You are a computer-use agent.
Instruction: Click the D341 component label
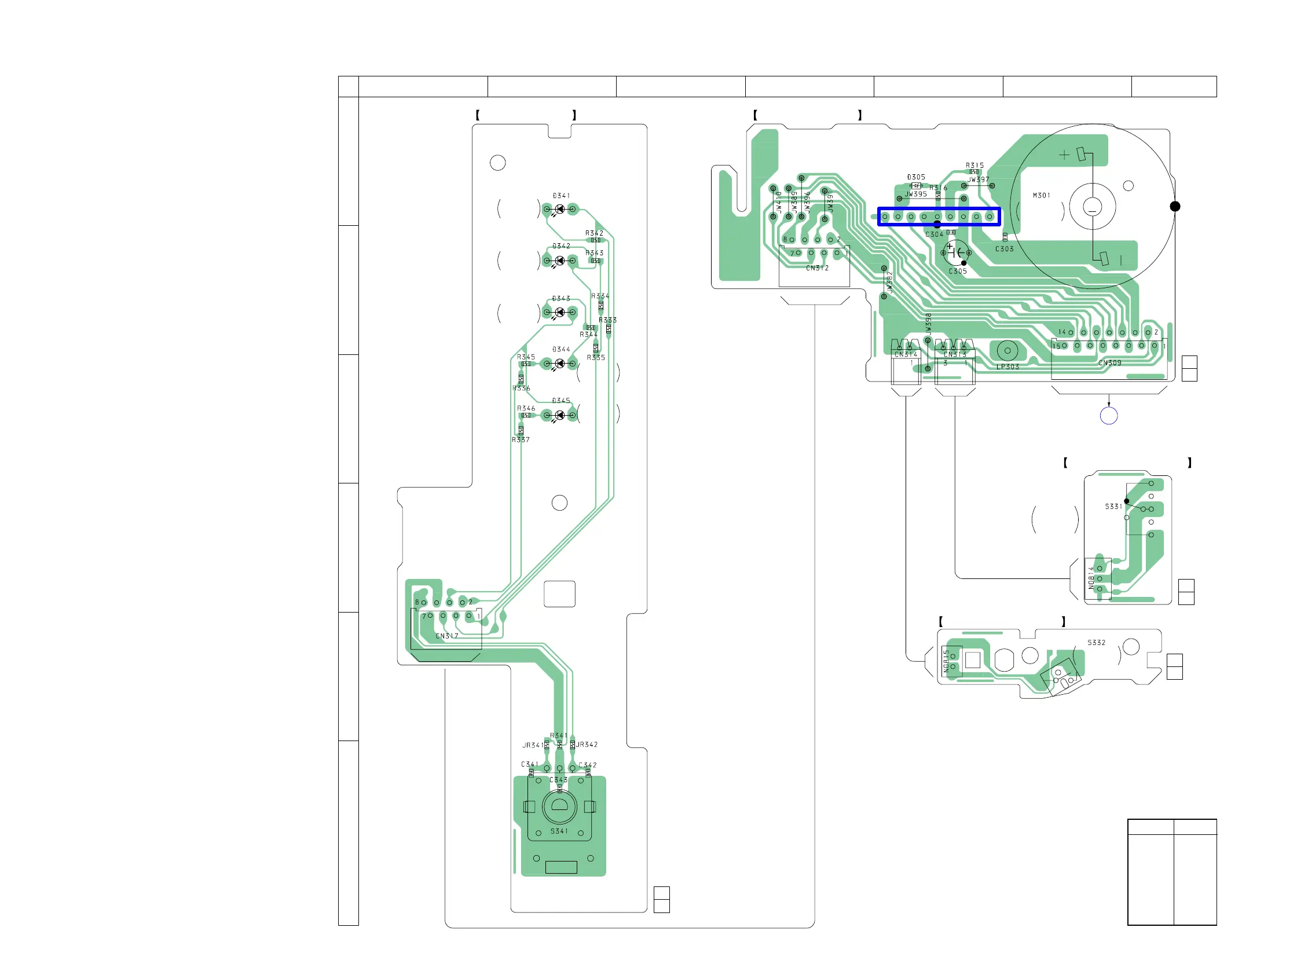561,196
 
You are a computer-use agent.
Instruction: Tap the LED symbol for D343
560,313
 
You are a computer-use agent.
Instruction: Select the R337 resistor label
521,439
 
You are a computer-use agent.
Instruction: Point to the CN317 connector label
447,636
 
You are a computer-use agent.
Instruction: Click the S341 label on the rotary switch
559,831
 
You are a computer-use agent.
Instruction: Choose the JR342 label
587,745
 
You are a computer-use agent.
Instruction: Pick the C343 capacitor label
558,780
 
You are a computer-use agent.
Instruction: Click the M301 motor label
1041,196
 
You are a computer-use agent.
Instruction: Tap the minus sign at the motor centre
1093,207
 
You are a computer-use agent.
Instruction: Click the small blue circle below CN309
1109,416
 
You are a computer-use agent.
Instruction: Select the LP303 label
1008,367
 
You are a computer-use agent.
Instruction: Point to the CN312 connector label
818,269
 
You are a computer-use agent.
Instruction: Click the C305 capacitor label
958,272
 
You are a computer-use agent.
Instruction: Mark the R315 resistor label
975,166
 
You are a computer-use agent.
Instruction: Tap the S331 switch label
1113,507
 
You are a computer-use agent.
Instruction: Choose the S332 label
1097,643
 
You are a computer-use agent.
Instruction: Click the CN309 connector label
1110,364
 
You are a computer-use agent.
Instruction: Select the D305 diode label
916,177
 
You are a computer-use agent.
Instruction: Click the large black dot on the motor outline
1175,206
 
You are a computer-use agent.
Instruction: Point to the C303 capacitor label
1005,249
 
